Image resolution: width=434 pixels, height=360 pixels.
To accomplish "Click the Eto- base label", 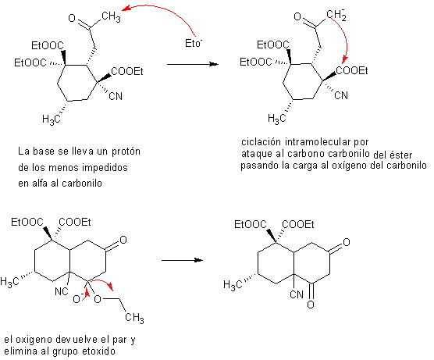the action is point(194,44).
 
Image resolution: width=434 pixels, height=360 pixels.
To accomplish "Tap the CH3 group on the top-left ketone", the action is point(111,16).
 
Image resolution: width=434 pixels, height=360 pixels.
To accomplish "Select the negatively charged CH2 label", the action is point(336,15).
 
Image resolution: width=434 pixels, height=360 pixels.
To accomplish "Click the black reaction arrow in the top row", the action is point(193,64).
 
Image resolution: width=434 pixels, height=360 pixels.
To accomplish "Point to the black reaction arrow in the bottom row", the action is point(182,260).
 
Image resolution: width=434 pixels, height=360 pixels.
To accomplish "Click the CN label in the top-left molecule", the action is point(116,96).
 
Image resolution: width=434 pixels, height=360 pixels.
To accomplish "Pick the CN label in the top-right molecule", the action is point(341,95).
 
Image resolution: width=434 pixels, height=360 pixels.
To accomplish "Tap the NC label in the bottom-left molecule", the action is point(62,291).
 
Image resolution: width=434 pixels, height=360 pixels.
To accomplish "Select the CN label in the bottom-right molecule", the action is point(297,294).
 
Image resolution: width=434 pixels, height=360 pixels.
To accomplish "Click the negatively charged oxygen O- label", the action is point(78,298).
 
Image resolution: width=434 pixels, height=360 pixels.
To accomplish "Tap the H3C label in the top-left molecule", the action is point(52,119).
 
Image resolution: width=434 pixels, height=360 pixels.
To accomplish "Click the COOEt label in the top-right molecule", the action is point(351,70).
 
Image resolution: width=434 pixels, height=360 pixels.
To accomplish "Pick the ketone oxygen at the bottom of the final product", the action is point(311,305).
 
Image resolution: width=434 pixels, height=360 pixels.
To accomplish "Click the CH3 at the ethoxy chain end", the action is point(134,317).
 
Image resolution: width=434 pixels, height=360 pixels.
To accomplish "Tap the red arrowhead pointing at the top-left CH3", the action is point(126,9).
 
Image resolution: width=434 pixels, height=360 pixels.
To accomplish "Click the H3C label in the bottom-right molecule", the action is point(233,284).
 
